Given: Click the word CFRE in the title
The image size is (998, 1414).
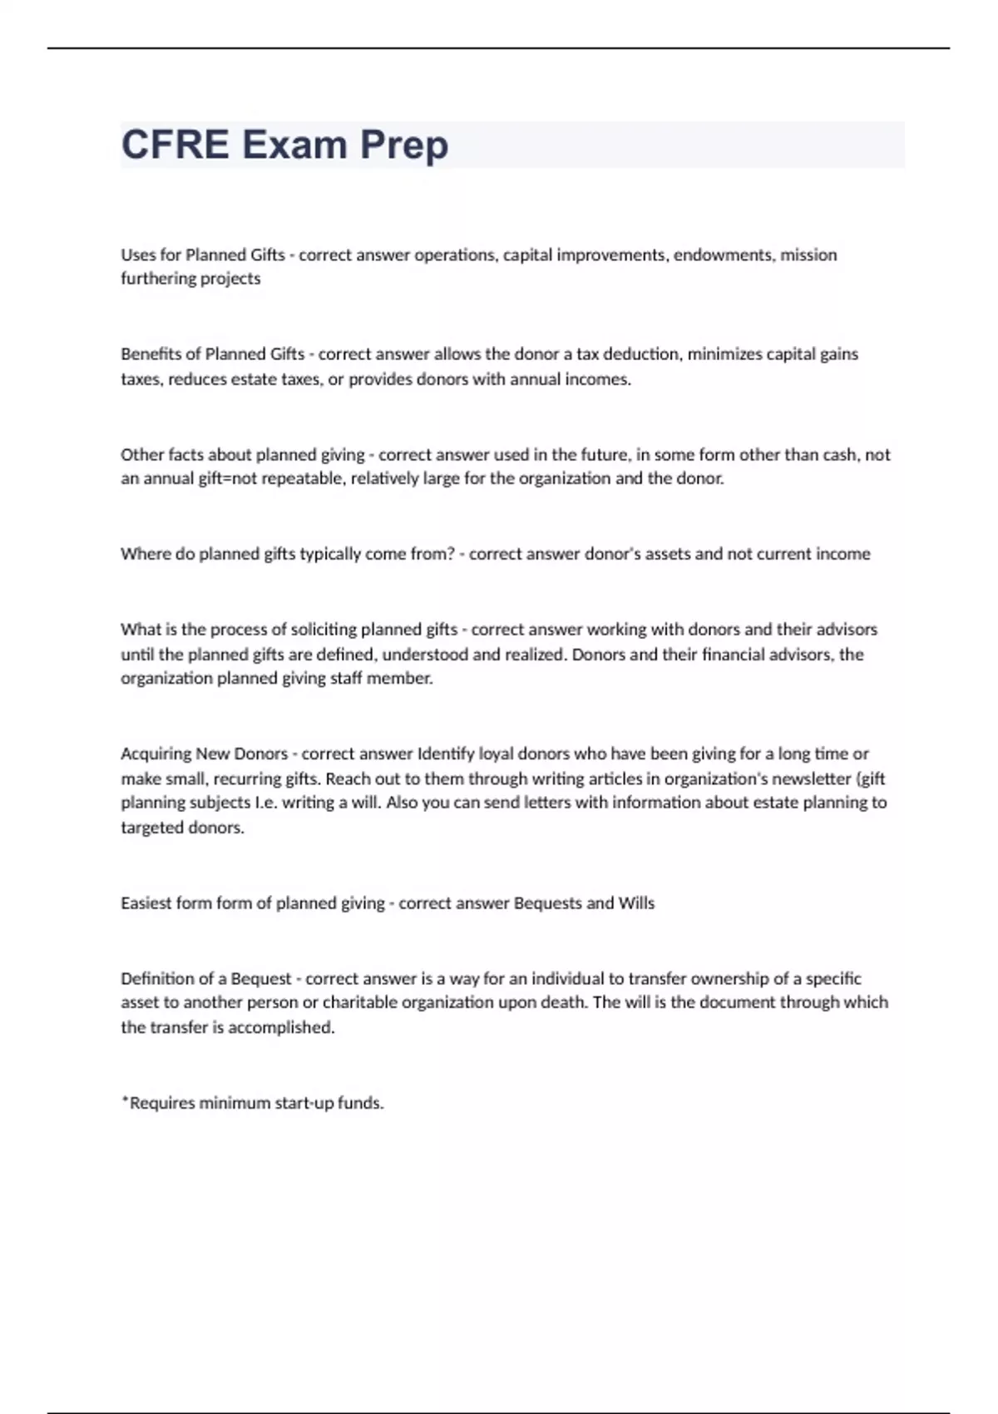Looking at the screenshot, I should coord(175,145).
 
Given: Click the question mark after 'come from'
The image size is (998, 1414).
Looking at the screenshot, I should coord(452,554).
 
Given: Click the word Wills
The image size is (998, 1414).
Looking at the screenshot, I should coord(636,903).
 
